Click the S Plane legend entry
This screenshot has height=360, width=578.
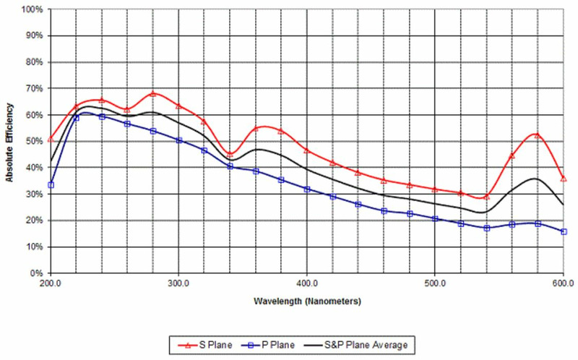point(210,325)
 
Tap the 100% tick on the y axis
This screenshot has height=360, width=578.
point(33,9)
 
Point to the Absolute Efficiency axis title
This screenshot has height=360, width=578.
point(9,141)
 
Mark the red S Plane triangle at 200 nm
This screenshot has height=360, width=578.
point(51,138)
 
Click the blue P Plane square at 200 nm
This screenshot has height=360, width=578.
point(51,185)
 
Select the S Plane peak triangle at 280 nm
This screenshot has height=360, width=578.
point(153,93)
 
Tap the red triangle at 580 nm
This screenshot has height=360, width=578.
point(537,135)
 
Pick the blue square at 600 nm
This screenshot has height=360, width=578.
point(564,231)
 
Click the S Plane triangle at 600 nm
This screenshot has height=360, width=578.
point(564,178)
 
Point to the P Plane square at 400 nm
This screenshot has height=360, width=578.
point(307,189)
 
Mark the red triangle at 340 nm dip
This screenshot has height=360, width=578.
point(230,153)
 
